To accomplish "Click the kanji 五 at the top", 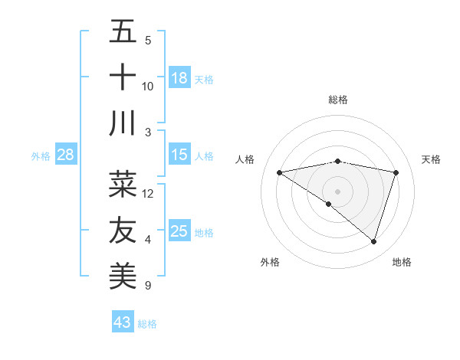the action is coord(123,32).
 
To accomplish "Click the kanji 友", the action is coord(123,230).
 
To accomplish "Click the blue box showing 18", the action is coord(179,77).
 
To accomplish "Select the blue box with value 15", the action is coord(179,155).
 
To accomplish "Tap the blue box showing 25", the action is coord(179,231).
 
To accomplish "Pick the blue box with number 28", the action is coord(66,155).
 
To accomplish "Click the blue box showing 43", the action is coord(123,322).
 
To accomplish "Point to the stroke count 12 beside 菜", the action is coord(149,194).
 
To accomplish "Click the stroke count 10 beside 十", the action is coord(148,87).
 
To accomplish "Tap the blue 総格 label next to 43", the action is coord(147,324).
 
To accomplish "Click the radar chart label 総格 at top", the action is coord(337,100).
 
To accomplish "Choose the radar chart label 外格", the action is coord(270,262).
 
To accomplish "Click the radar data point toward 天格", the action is coord(396,172).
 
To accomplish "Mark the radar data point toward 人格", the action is coord(279,172).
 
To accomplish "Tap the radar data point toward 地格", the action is coord(373,241).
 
